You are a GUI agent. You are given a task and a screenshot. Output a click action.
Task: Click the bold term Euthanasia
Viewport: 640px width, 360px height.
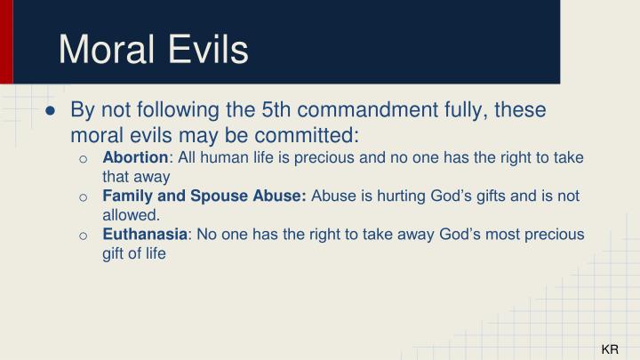[144, 235]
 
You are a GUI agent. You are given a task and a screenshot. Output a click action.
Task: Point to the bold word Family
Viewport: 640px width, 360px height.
[127, 196]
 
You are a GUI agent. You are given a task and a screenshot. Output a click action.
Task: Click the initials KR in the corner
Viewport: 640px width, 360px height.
[610, 348]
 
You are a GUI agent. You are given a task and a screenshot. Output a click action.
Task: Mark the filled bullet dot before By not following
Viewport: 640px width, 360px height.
[52, 111]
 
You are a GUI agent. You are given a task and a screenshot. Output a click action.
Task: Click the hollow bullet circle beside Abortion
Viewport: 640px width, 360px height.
[82, 159]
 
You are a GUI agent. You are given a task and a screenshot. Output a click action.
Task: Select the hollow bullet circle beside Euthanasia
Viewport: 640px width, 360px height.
[82, 236]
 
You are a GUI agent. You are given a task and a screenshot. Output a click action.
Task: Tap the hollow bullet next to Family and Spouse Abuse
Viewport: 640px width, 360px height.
[82, 197]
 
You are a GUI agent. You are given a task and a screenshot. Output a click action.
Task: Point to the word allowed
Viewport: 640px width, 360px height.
[130, 215]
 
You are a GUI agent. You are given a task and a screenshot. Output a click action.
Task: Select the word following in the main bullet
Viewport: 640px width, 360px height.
[172, 110]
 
